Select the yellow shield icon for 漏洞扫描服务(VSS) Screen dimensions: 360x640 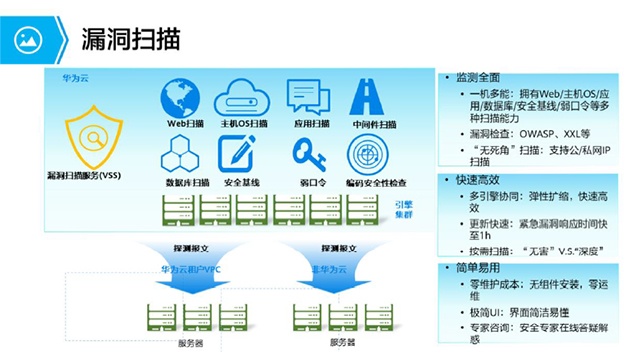(93, 138)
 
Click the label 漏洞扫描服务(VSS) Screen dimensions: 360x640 (91, 176)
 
